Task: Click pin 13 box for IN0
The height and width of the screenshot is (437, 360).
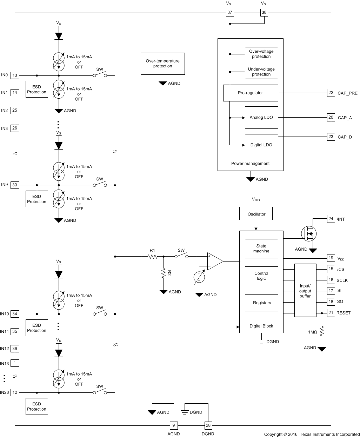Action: click(15, 75)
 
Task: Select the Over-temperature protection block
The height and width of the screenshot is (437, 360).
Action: click(162, 64)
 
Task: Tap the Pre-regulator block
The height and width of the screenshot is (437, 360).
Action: click(251, 93)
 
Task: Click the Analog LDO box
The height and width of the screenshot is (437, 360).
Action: click(261, 118)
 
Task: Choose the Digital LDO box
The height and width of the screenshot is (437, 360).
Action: click(261, 145)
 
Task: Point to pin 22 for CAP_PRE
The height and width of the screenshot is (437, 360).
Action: click(331, 93)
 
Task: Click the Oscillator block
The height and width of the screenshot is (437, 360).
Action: click(256, 214)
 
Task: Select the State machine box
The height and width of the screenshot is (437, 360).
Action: click(261, 249)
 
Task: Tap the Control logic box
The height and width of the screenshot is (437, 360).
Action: click(261, 276)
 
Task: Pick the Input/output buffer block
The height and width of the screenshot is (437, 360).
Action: click(305, 291)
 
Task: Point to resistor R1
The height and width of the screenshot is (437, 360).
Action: click(153, 257)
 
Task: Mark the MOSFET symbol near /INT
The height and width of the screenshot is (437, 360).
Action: click(309, 233)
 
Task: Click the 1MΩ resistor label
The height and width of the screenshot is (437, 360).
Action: click(313, 332)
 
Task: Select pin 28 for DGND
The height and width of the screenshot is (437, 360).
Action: click(208, 425)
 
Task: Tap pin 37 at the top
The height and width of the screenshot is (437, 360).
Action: click(230, 13)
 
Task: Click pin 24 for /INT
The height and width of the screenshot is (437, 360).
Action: click(331, 219)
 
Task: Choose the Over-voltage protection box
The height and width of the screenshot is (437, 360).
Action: click(261, 54)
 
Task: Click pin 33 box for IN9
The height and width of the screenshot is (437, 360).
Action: click(15, 185)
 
